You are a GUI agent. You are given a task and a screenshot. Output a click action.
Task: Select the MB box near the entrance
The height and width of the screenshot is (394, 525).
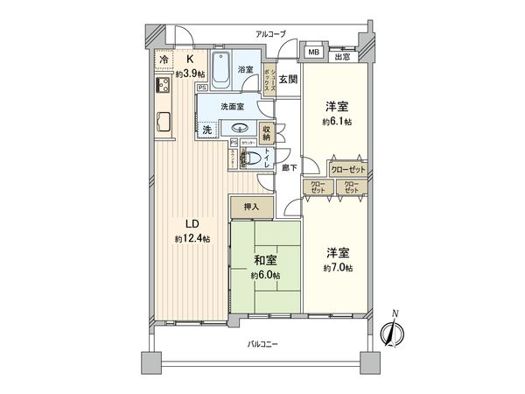(x=312, y=53)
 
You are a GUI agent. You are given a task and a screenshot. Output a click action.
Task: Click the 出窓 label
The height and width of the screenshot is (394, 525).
(x=344, y=58)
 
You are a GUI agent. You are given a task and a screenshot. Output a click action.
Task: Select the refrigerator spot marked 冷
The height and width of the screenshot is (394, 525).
(x=163, y=60)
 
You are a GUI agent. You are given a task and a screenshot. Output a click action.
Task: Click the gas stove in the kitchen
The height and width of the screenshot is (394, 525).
(x=164, y=86)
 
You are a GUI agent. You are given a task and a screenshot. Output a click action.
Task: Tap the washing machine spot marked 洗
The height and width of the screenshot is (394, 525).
(x=207, y=130)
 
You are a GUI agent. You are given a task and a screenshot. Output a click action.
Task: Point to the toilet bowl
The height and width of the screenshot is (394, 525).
(x=250, y=158)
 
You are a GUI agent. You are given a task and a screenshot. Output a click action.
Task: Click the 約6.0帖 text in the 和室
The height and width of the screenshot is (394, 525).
(x=266, y=276)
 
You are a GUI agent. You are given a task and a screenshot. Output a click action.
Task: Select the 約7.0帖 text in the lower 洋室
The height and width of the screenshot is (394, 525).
(x=337, y=265)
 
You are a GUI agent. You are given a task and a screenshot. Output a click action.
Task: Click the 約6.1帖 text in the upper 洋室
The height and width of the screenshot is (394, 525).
(x=337, y=122)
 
